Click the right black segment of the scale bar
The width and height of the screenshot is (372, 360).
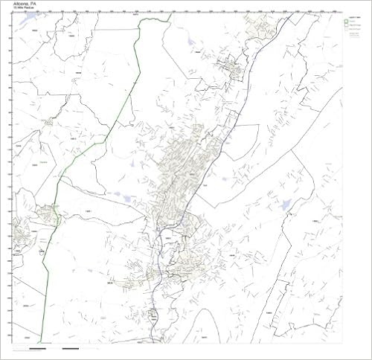[x=71, y=348]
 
